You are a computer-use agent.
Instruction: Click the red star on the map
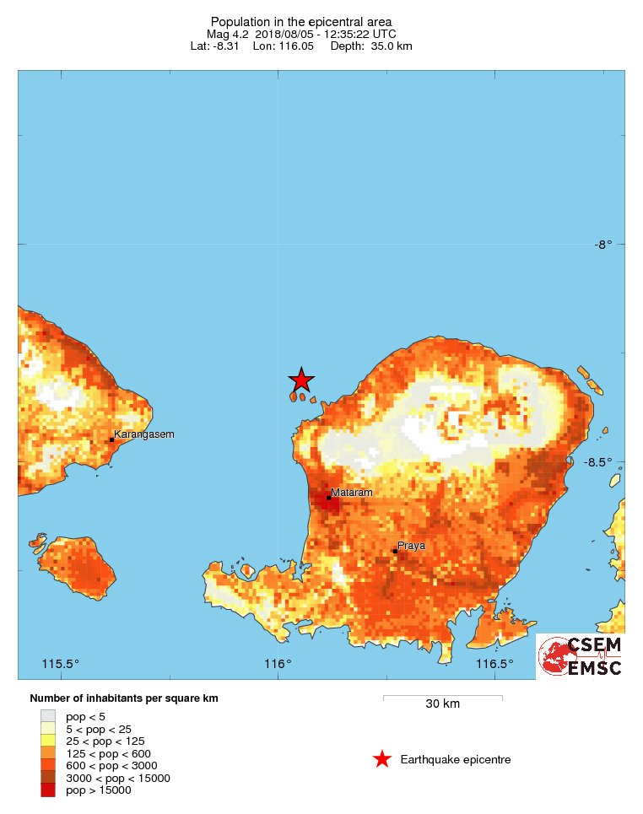coord(301,380)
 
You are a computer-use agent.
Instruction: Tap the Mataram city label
coord(352,492)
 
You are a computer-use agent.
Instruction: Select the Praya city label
coord(412,546)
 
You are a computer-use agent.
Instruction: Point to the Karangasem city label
coord(144,434)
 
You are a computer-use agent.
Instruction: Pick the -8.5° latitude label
coord(604,462)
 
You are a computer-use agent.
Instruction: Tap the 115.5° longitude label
coord(61,664)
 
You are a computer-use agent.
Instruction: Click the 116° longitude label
coord(278,664)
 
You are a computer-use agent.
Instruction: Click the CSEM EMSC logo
coord(580,656)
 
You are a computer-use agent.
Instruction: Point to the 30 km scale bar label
coord(442,704)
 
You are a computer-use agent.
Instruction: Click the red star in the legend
coord(382,759)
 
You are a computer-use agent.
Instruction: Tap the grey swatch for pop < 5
coord(48,716)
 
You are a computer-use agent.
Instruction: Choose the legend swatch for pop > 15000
coord(48,790)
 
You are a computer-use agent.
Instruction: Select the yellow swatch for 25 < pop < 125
coord(48,741)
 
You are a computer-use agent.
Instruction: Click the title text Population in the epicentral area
coord(301,21)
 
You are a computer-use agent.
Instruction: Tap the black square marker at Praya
coord(394,552)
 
